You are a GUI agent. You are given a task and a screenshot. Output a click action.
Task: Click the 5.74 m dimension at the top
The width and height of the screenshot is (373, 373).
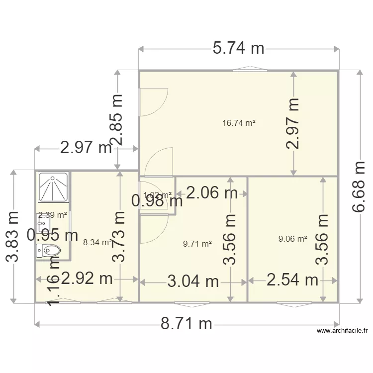pyautogui.click(x=238, y=48)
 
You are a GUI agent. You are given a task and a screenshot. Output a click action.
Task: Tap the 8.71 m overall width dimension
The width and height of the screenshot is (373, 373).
pyautogui.click(x=186, y=324)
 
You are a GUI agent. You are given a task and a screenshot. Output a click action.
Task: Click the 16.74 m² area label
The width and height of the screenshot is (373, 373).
pyautogui.click(x=239, y=123)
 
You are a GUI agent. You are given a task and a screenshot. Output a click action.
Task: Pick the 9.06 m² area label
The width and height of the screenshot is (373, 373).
pyautogui.click(x=293, y=239)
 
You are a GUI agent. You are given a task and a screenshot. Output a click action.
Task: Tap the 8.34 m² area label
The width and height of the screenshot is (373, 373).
pyautogui.click(x=97, y=242)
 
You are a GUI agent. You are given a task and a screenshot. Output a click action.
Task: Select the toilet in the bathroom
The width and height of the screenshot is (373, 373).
pyautogui.click(x=49, y=250)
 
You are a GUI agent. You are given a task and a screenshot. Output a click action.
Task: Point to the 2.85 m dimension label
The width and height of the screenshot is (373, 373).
pyautogui.click(x=118, y=119)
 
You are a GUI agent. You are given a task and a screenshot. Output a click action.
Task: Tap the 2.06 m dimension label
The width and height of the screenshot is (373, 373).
pyautogui.click(x=212, y=192)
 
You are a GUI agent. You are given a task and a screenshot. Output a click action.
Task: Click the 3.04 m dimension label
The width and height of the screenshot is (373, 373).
pyautogui.click(x=193, y=281)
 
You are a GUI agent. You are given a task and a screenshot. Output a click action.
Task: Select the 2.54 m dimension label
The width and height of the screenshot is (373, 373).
pyautogui.click(x=292, y=280)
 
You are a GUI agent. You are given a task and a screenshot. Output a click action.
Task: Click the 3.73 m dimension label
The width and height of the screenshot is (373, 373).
pyautogui.click(x=119, y=236)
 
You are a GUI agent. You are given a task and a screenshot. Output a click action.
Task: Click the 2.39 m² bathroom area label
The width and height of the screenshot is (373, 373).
pyautogui.click(x=53, y=215)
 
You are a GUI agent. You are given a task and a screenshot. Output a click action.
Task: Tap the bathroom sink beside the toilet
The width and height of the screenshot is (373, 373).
pyautogui.click(x=41, y=224)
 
